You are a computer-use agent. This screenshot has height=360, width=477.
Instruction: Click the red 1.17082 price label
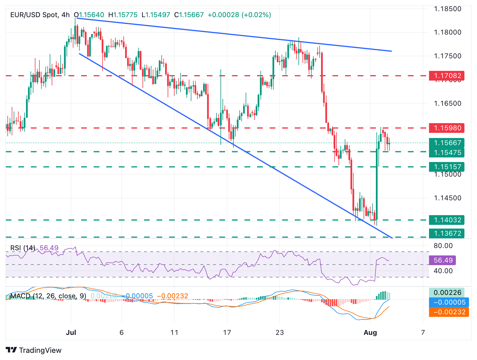(446, 76)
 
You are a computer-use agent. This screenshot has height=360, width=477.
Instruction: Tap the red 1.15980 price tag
(446, 128)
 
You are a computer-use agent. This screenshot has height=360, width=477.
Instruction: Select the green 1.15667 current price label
(446, 143)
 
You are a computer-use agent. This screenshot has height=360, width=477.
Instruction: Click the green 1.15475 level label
(446, 153)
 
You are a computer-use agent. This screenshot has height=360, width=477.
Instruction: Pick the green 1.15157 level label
(446, 167)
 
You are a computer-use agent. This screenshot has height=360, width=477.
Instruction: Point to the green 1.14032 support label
(446, 220)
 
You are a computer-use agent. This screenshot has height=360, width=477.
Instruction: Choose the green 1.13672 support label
(446, 233)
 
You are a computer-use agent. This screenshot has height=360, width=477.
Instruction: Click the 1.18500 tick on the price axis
(447, 9)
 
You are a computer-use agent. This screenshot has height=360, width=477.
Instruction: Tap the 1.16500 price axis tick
(447, 103)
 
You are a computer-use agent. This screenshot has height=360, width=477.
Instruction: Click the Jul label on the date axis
(71, 333)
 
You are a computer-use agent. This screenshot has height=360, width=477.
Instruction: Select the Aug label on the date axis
(370, 333)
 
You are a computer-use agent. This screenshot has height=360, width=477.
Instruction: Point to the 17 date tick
(227, 333)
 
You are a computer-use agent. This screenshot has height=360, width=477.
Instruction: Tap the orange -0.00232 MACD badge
(449, 312)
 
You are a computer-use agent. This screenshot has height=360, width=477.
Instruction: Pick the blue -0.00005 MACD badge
(449, 302)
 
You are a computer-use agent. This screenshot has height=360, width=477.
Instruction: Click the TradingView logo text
(40, 350)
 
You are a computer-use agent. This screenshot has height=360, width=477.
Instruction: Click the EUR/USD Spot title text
(34, 15)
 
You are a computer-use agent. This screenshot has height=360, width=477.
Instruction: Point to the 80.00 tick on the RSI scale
(443, 246)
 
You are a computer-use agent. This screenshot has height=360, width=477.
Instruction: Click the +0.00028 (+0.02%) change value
(239, 15)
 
